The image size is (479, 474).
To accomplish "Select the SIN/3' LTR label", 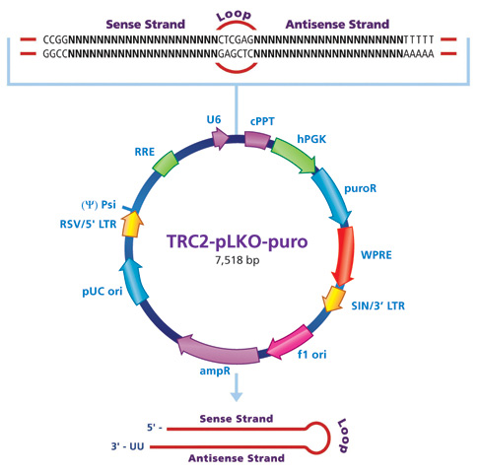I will point(380,306).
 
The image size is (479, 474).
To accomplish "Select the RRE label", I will point(144,153).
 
